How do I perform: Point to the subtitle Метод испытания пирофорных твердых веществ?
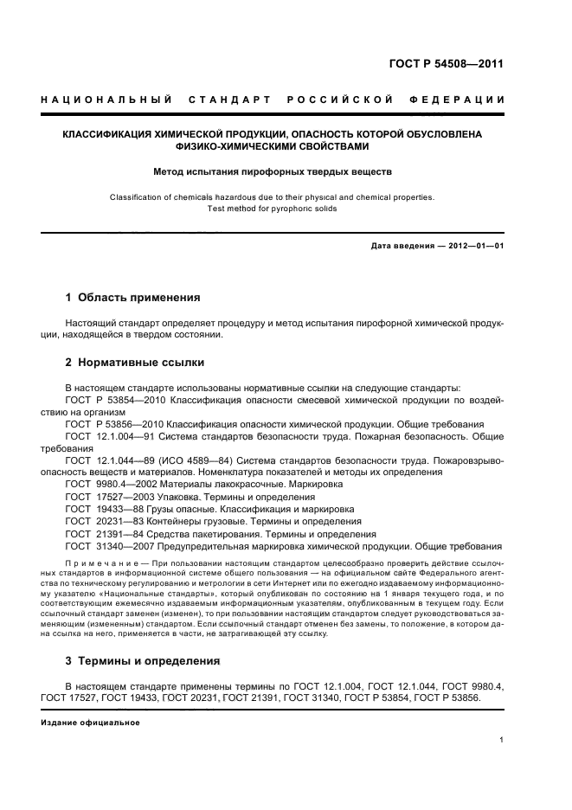click(x=273, y=171)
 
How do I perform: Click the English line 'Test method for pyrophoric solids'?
click(x=273, y=209)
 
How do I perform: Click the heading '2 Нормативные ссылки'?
click(x=135, y=362)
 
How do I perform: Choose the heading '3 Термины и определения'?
click(x=143, y=661)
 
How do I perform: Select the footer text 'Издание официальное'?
click(x=90, y=722)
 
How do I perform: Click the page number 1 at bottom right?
click(x=501, y=740)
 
